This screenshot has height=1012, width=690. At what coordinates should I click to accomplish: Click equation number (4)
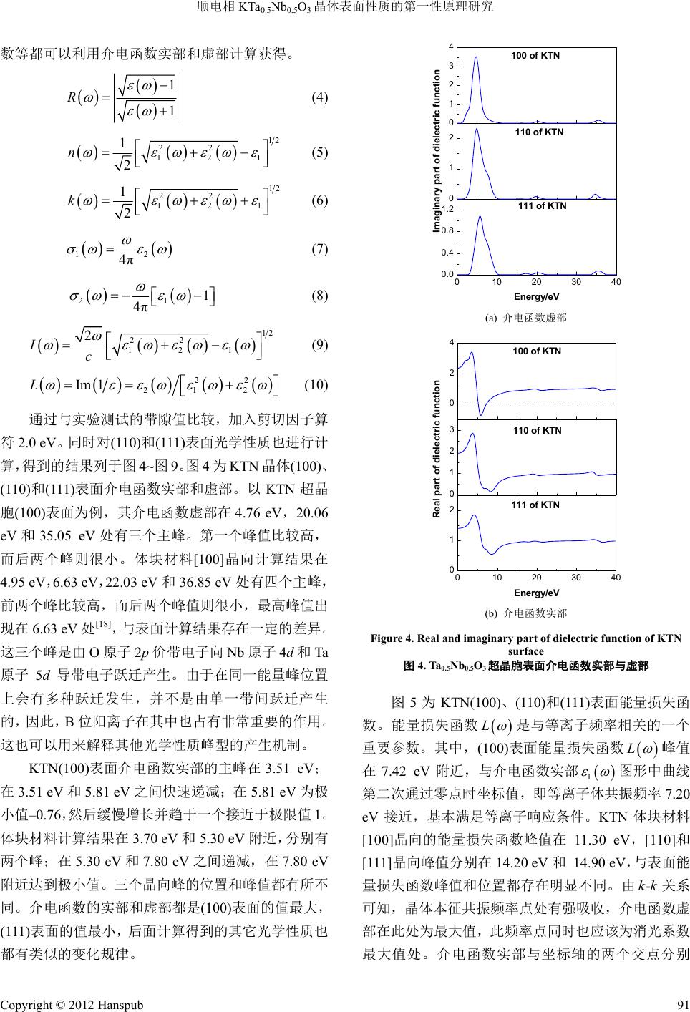click(x=319, y=97)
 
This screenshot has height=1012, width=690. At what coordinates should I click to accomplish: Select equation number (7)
click(x=319, y=249)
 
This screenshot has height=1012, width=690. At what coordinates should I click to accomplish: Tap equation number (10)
click(x=316, y=385)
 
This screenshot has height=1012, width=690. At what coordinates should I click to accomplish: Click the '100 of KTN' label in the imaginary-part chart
click(x=536, y=56)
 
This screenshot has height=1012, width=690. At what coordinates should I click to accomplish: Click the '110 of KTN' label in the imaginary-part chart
click(x=539, y=132)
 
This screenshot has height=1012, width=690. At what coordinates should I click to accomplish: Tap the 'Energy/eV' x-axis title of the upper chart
click(x=536, y=296)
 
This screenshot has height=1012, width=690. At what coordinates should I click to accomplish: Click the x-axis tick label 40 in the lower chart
click(x=616, y=577)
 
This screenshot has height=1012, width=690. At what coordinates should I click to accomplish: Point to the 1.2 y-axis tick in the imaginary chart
click(x=447, y=208)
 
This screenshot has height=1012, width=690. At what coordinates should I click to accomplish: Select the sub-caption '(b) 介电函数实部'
click(x=526, y=613)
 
